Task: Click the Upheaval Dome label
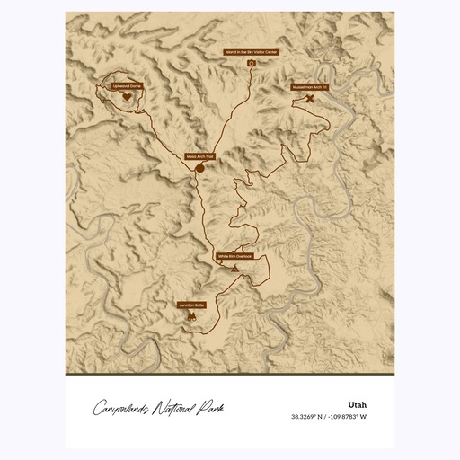click(x=128, y=85)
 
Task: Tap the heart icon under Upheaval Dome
click(x=128, y=96)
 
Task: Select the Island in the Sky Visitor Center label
click(x=252, y=53)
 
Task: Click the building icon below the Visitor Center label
click(x=252, y=64)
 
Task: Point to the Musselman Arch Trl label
click(x=310, y=87)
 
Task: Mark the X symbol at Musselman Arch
click(x=310, y=98)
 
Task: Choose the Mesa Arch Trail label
click(x=199, y=155)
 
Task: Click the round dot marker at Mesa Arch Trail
click(x=199, y=166)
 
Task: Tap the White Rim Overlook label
click(x=235, y=256)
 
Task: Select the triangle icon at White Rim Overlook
click(x=235, y=268)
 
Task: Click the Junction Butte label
click(x=191, y=305)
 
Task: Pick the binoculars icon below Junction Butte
click(x=191, y=317)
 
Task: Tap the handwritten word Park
click(x=212, y=409)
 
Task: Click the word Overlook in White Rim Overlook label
click(x=244, y=256)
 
